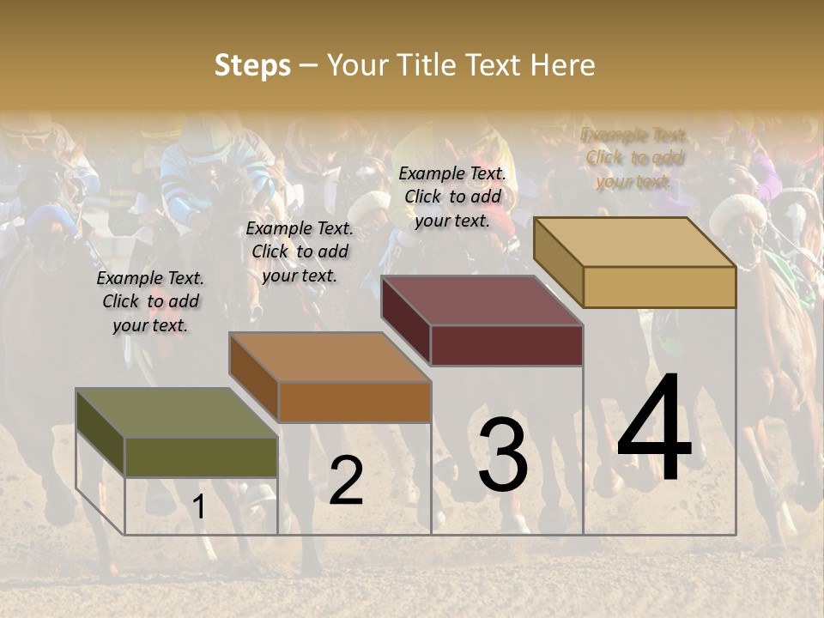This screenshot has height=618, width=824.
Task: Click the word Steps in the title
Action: coord(252,65)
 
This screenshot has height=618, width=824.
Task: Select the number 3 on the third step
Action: coord(502,455)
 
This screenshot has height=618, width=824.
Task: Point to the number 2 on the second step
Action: coord(346,481)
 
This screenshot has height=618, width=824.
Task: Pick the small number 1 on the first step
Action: coord(198,507)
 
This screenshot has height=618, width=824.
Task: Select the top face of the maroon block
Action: coord(482,300)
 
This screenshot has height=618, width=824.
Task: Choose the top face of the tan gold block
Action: coord(635,242)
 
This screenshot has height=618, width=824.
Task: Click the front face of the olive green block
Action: coord(202,457)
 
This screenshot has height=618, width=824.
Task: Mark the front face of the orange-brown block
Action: coord(354,402)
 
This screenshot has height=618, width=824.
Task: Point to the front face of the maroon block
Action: coord(506,345)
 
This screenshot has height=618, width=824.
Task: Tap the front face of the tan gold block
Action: coord(659,287)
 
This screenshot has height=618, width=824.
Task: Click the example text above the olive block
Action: coord(150,301)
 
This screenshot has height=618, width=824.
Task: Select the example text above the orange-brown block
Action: coord(300,251)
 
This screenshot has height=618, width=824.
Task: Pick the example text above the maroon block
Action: coord(452,197)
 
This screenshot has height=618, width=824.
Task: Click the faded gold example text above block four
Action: coord(633,158)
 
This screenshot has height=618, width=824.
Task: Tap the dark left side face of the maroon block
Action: coord(406,320)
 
